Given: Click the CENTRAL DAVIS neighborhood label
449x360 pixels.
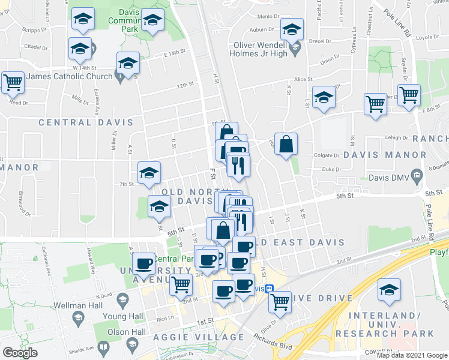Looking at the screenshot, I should tap(86, 122).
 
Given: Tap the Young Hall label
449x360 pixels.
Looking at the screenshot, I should tap(123, 316).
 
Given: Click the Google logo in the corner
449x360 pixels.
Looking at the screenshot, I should tap(20, 353).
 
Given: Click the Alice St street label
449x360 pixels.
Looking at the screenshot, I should tap(303, 79).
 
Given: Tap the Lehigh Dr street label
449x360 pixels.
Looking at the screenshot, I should tap(397, 137).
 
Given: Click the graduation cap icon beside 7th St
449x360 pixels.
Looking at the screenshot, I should tap(149, 173).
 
